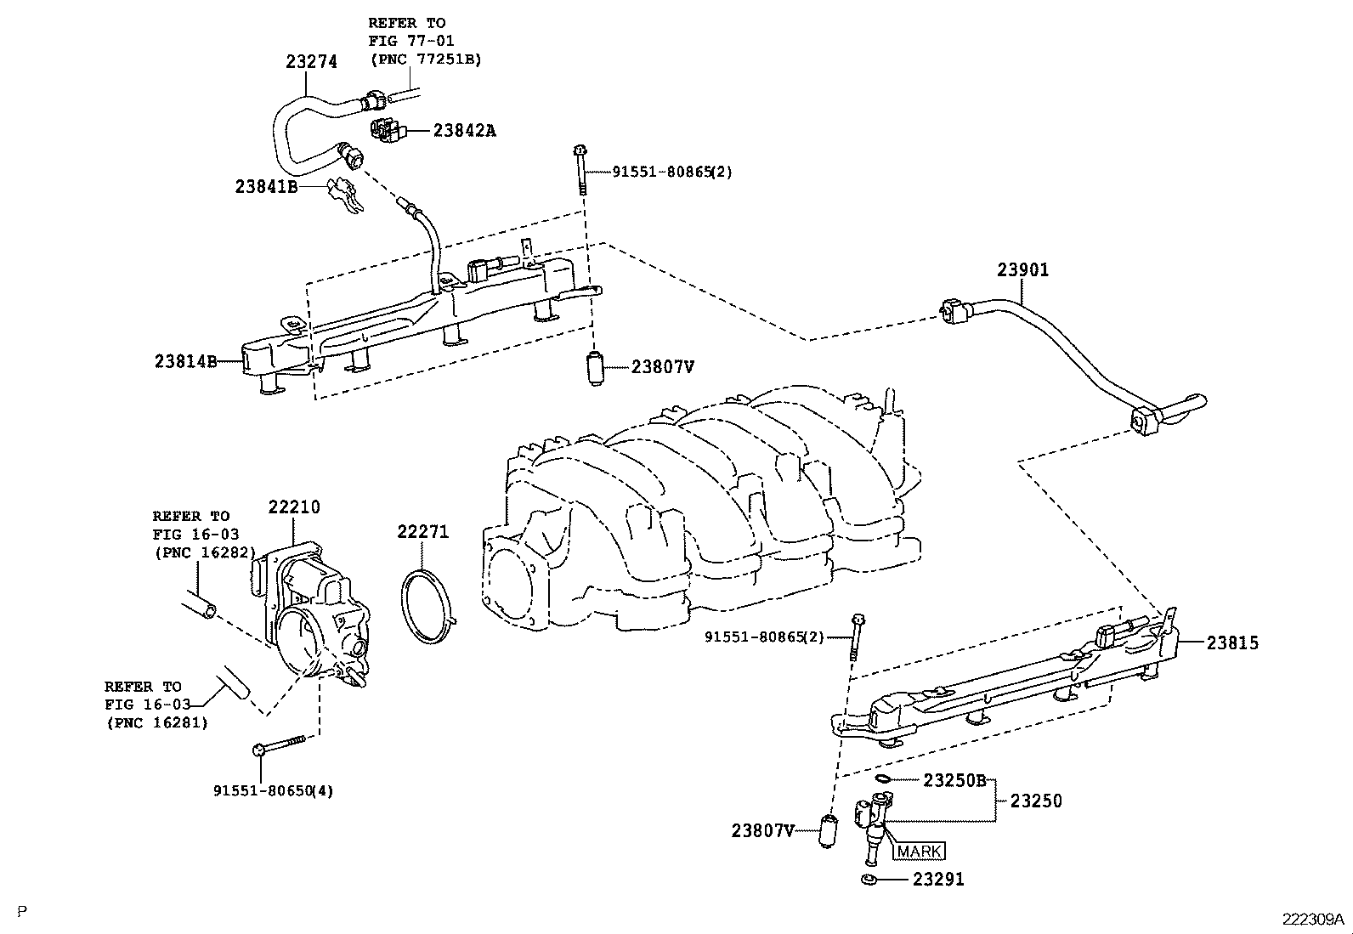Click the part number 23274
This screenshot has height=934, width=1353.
(311, 61)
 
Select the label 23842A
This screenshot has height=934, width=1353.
(464, 130)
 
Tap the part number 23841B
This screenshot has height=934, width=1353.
(266, 186)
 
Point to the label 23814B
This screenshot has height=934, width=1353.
(185, 361)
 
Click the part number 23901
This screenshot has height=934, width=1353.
(1023, 270)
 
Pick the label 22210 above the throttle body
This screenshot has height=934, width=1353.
(294, 507)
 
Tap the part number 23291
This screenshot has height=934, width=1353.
(938, 880)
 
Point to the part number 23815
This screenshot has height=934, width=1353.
(1232, 643)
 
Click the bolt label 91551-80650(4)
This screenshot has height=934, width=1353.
(273, 790)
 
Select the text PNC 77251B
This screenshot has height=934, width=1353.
(424, 59)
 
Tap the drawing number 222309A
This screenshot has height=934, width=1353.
(1314, 920)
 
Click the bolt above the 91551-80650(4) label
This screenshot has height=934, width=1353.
(280, 745)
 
